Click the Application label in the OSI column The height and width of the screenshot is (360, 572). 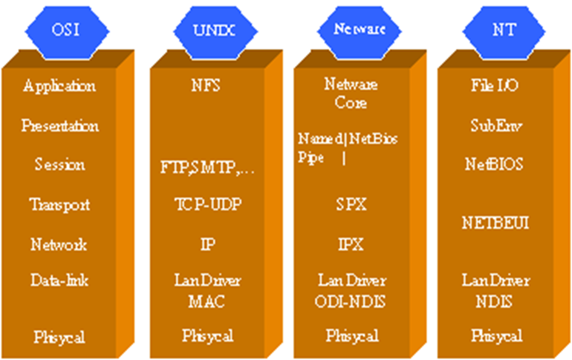click(59, 86)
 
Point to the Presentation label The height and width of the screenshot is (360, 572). click(60, 126)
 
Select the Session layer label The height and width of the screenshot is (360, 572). click(60, 165)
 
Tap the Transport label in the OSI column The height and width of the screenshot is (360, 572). click(60, 204)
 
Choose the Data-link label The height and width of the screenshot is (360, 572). click(60, 281)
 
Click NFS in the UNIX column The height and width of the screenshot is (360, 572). click(205, 86)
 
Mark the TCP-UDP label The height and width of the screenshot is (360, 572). click(207, 204)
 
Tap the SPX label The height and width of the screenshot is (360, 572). click(351, 204)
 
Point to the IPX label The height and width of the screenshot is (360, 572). click(351, 245)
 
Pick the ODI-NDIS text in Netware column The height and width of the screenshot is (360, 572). click(352, 301)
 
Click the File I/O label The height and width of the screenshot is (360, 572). click(495, 86)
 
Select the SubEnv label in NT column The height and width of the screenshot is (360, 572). click(496, 126)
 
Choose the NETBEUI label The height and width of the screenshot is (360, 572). click(496, 223)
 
